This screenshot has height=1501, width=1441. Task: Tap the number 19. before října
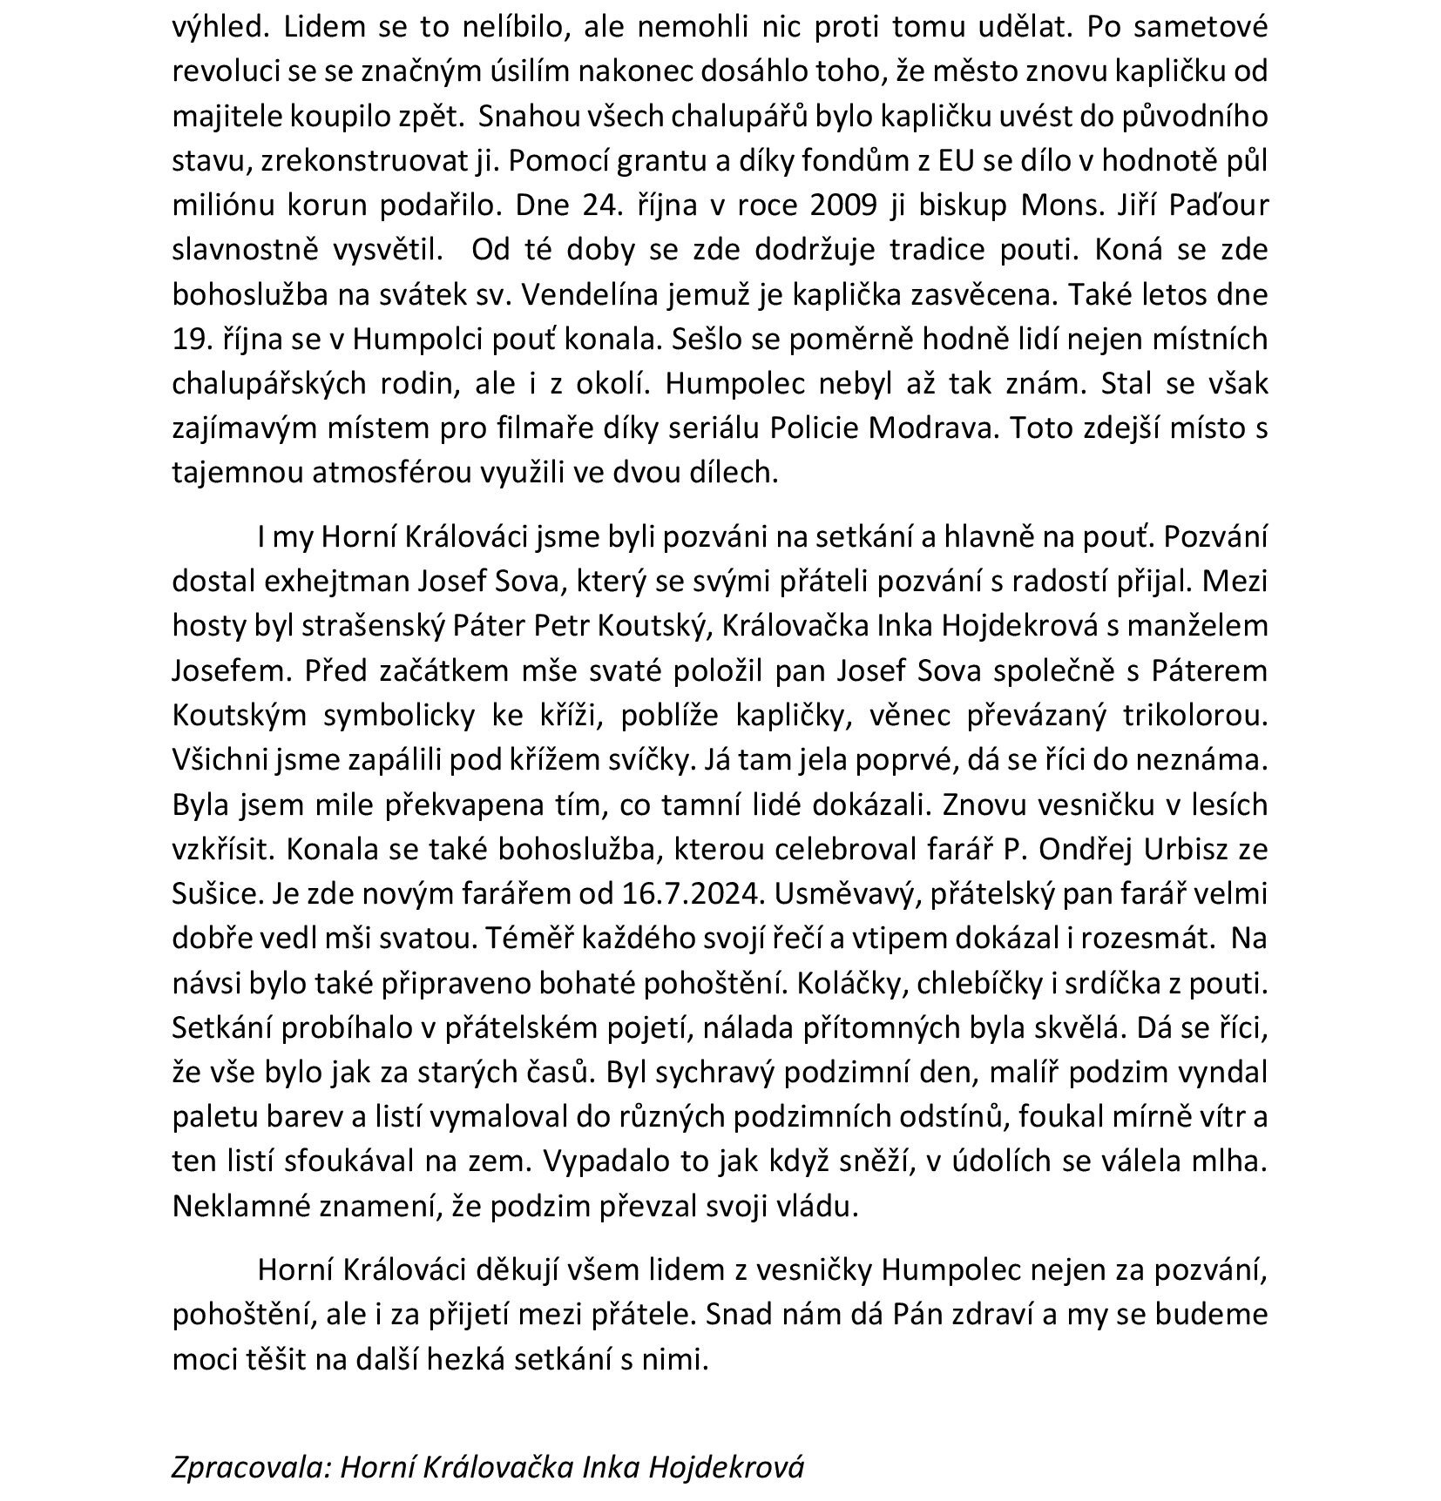192,340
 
